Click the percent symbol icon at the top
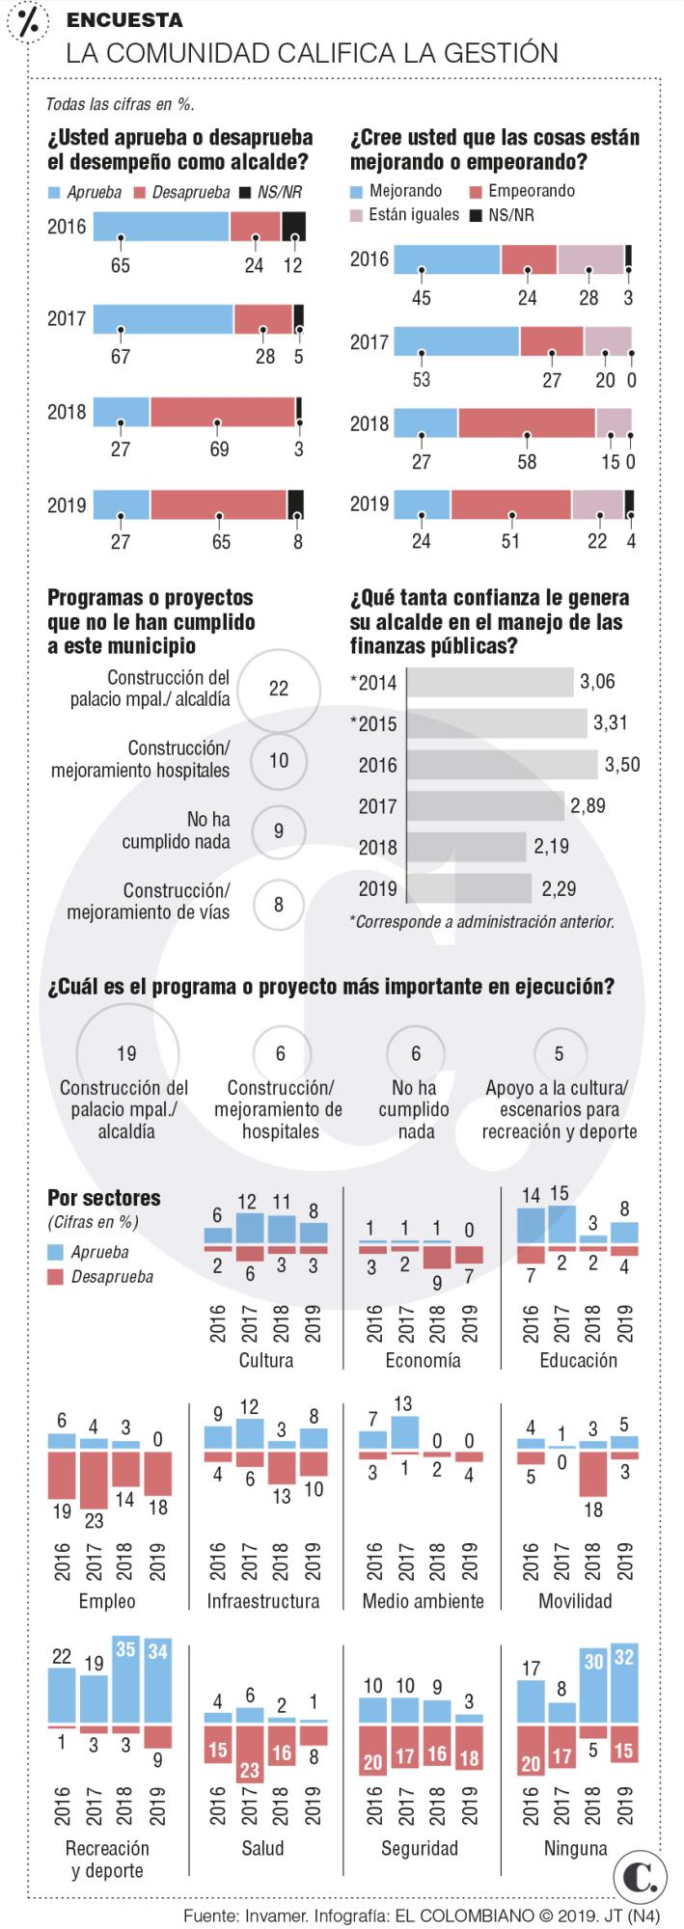pyautogui.click(x=28, y=24)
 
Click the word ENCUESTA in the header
pyautogui.click(x=124, y=20)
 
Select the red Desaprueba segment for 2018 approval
pyautogui.click(x=222, y=412)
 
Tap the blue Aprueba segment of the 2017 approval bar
pyautogui.click(x=163, y=319)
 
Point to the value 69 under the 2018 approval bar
pyautogui.click(x=220, y=448)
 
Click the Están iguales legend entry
pyautogui.click(x=404, y=214)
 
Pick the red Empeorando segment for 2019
pyautogui.click(x=510, y=504)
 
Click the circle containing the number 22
pyautogui.click(x=278, y=689)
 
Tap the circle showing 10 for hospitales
pyautogui.click(x=278, y=760)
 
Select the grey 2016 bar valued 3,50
pyautogui.click(x=502, y=765)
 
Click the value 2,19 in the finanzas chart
pyautogui.click(x=550, y=846)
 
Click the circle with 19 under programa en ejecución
pyautogui.click(x=126, y=1053)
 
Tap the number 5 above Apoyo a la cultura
pyautogui.click(x=560, y=1054)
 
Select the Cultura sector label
pyautogui.click(x=265, y=1360)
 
